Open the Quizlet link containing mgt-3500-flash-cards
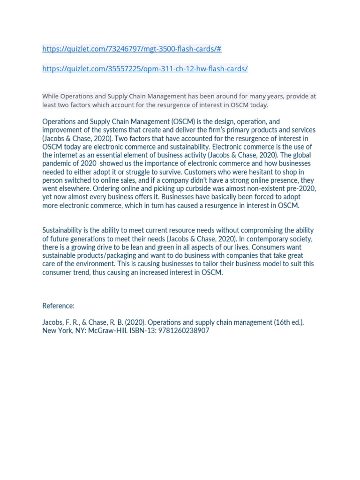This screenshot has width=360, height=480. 131,49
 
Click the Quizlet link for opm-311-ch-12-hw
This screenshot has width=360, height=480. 144,68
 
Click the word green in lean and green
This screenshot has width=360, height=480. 163,247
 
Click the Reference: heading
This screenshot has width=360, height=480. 58,306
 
